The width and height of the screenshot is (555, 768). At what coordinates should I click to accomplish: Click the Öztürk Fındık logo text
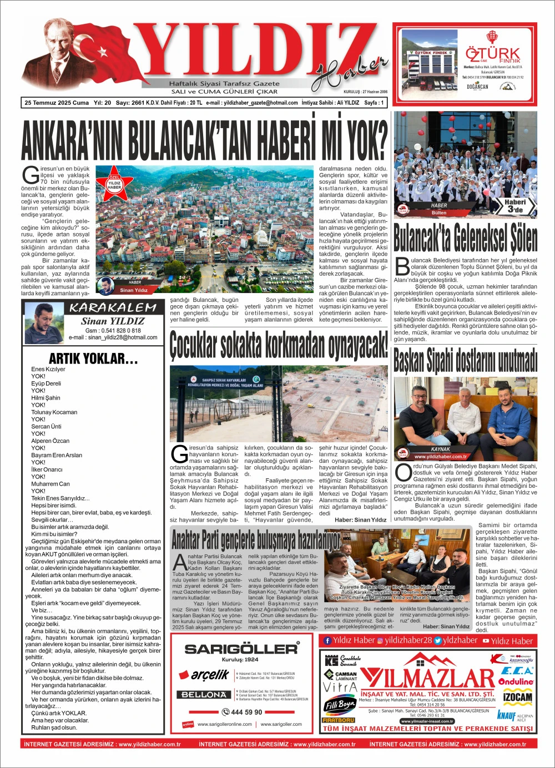click(493, 54)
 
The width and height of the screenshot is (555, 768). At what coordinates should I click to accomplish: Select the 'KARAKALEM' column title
click(113, 308)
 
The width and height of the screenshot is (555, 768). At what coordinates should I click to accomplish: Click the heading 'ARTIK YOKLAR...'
click(93, 358)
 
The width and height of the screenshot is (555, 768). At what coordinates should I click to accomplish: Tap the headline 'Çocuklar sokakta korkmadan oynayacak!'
click(279, 345)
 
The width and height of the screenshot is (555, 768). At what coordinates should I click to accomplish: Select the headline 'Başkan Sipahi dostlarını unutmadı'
click(465, 361)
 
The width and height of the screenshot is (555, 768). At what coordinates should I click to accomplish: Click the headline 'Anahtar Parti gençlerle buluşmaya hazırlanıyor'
click(255, 538)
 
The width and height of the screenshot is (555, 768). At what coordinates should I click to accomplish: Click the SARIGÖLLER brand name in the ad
click(241, 649)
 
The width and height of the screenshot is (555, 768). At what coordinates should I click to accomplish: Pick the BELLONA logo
click(204, 694)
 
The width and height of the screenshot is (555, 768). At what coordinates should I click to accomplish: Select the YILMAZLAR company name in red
click(427, 678)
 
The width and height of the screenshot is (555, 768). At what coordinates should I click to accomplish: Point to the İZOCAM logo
click(517, 697)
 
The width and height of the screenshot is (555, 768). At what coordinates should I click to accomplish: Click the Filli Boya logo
click(339, 705)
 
